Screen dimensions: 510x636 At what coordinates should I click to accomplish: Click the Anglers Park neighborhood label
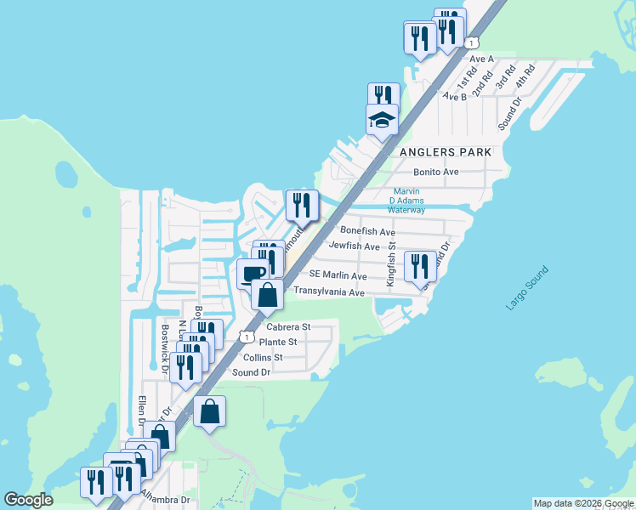(444, 151)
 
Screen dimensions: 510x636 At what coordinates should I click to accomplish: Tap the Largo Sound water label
(527, 289)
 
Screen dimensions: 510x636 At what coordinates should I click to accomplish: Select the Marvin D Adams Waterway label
(406, 200)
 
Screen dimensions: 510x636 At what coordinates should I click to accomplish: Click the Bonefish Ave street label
(367, 231)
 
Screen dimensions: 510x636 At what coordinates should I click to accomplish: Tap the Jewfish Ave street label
(355, 246)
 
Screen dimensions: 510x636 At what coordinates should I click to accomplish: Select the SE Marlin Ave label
(338, 276)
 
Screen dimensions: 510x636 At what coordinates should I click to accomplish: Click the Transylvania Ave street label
(328, 292)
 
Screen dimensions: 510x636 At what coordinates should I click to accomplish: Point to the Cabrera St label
(288, 326)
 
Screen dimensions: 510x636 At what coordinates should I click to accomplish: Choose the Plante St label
(277, 342)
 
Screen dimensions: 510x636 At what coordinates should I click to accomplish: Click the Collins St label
(263, 358)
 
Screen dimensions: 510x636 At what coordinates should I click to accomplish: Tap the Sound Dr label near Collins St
(251, 373)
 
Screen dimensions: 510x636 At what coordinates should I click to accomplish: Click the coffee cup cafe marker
(253, 274)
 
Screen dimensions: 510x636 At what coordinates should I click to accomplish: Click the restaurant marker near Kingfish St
(418, 265)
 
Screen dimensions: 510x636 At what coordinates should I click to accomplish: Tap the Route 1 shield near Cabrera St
(247, 337)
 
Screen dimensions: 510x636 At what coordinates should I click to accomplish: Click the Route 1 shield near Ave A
(473, 42)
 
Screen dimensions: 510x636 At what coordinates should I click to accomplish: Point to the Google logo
(28, 500)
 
